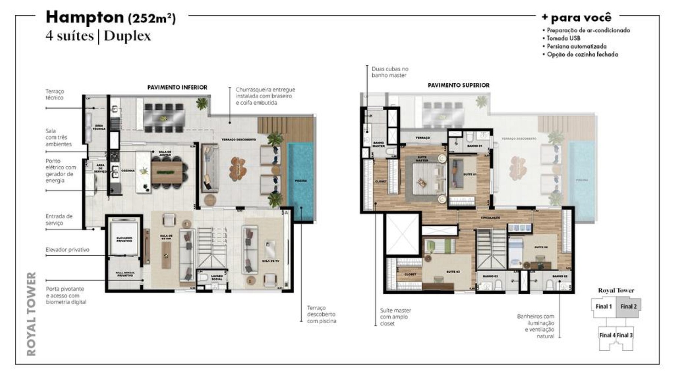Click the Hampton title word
(85, 17)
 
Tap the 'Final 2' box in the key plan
(629, 307)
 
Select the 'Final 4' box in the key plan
(607, 335)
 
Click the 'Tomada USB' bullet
(563, 38)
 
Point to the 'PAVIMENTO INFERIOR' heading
(177, 87)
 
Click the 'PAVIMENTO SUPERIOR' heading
(458, 85)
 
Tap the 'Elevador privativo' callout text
(67, 250)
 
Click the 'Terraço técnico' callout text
(55, 94)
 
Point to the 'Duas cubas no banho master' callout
(390, 72)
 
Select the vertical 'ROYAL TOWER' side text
(32, 314)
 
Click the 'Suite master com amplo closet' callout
(395, 317)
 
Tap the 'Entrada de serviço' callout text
(59, 219)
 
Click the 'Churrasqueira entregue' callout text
(265, 96)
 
